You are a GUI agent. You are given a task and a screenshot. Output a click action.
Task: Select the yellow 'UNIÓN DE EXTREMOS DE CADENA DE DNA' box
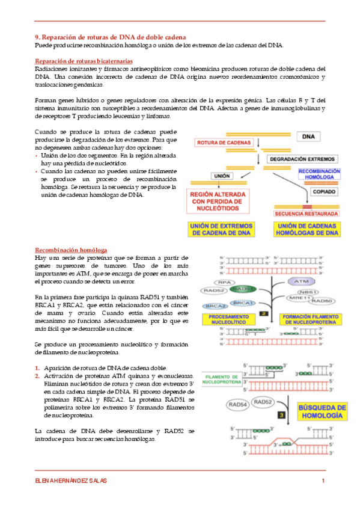click(222, 230)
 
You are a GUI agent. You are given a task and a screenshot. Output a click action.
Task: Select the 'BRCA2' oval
click(215, 306)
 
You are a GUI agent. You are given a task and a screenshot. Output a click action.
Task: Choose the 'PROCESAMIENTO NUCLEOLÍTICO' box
click(229, 319)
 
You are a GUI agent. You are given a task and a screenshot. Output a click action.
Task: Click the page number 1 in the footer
click(323, 481)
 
